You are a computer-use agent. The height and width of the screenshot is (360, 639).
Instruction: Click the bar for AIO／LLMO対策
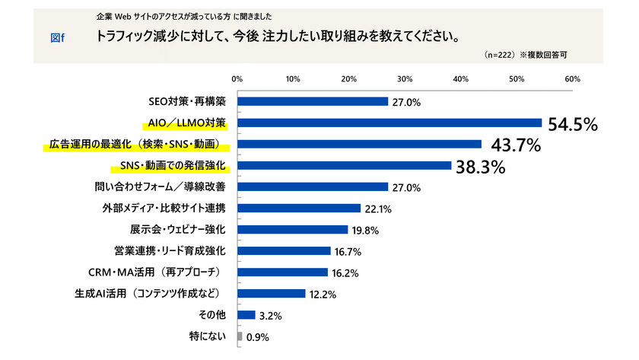pyautogui.click(x=389, y=123)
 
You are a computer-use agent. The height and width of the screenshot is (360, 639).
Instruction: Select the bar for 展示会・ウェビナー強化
pyautogui.click(x=293, y=229)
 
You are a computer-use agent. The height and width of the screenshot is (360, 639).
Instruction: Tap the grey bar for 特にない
pyautogui.click(x=240, y=336)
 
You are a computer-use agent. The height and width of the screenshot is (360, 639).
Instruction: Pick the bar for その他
pyautogui.click(x=246, y=314)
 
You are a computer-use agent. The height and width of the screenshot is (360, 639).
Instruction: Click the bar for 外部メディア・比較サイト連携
pyautogui.click(x=299, y=208)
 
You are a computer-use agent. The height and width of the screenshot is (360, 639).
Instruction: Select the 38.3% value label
pyautogui.click(x=481, y=167)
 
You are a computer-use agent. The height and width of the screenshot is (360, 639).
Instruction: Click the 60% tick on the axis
pyautogui.click(x=572, y=79)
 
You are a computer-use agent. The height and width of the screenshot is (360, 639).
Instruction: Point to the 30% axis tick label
pyautogui.click(x=405, y=79)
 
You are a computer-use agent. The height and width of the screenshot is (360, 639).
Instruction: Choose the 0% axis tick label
pyautogui.click(x=237, y=79)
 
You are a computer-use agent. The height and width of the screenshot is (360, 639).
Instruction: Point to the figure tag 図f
pyautogui.click(x=57, y=38)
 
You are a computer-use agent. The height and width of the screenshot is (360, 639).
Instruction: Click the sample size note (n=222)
pyautogui.click(x=499, y=56)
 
